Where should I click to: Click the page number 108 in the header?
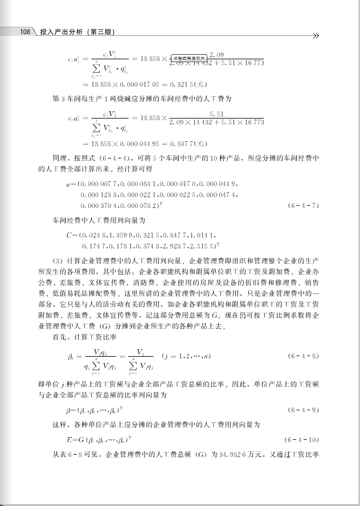[24, 33]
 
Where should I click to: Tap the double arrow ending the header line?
[317, 35]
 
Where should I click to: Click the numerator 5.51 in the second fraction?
[217, 114]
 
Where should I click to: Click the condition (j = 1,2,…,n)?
[187, 356]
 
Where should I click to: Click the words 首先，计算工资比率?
[85, 337]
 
